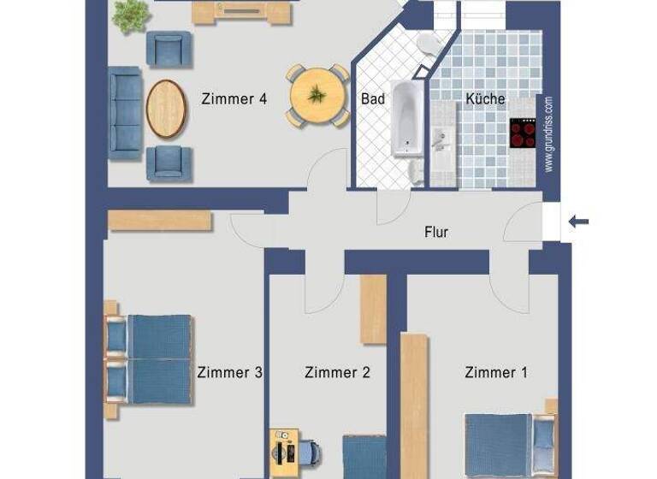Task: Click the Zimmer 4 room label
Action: [234, 98]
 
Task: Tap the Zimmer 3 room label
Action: [229, 372]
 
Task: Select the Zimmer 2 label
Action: [337, 372]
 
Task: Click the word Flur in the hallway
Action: [436, 232]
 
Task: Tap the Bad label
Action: [373, 99]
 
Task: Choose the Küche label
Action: [485, 99]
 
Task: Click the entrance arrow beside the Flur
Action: [579, 222]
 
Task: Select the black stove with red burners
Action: [523, 133]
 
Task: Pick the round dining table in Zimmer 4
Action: [317, 96]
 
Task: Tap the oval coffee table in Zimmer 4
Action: [166, 109]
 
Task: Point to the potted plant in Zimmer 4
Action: [131, 15]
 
